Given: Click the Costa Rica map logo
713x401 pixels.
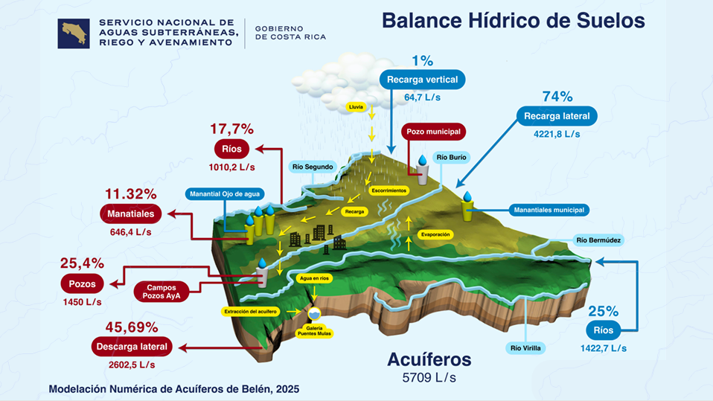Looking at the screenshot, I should point(74,33).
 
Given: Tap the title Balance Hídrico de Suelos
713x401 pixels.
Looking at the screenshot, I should point(513,20).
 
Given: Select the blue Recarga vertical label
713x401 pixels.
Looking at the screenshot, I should point(423,80).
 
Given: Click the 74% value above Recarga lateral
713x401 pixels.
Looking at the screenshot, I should point(557,97).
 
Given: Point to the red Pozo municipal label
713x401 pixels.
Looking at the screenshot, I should point(434,132).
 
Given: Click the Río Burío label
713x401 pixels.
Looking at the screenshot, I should point(451,157).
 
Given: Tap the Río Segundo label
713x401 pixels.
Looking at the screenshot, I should point(313,167).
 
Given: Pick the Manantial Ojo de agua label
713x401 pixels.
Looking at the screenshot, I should point(225,194).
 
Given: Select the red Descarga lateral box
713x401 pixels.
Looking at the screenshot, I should point(132,347).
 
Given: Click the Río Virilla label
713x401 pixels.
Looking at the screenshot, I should point(527,347).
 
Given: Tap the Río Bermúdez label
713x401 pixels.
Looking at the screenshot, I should point(598,240).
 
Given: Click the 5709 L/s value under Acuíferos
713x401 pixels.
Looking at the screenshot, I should point(429,378).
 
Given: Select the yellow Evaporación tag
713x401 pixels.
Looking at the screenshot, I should point(435,234).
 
